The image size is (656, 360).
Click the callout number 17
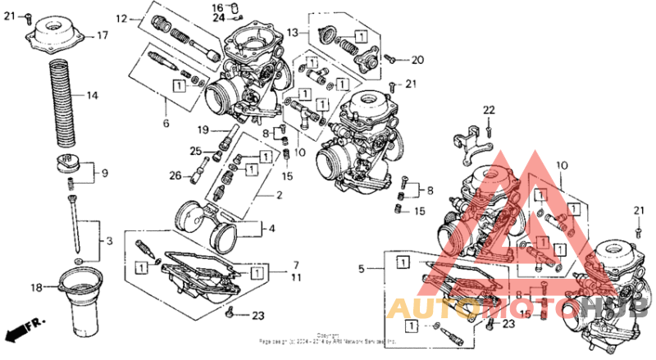tap(102, 35)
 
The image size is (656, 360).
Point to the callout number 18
tap(36, 287)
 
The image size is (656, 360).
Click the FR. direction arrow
tap(22, 330)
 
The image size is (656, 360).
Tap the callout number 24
tap(218, 17)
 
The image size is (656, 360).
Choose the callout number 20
tap(417, 60)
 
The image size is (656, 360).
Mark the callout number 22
tap(489, 111)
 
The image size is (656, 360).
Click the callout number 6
tap(166, 124)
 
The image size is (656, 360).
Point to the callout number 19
tap(202, 130)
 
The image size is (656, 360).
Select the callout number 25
tap(195, 151)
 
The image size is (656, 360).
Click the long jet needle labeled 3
tap(75, 217)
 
